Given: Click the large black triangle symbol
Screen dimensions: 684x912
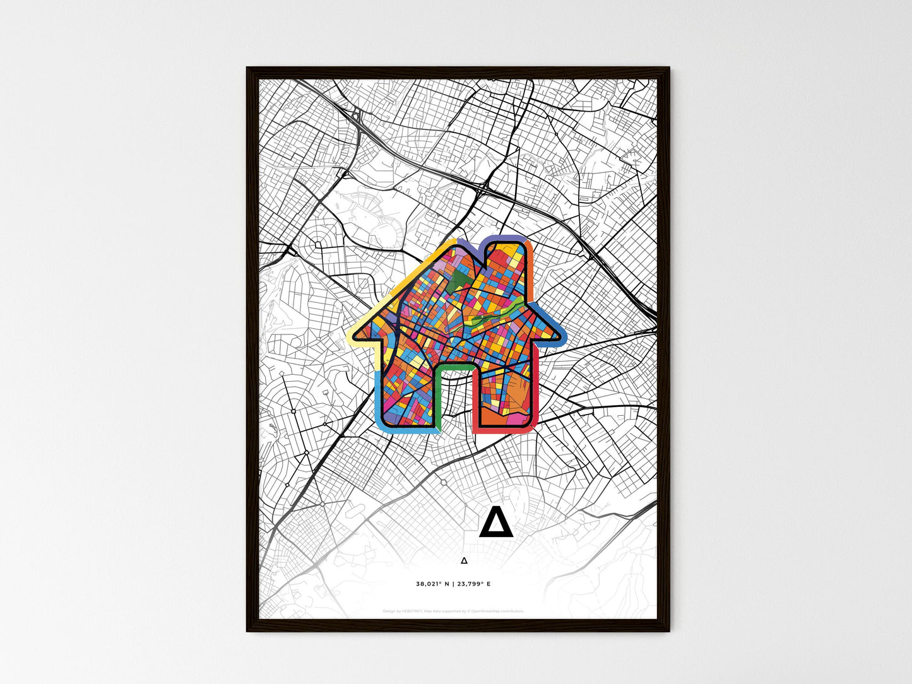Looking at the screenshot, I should click(x=493, y=523).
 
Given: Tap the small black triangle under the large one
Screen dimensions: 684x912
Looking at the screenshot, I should click(x=464, y=560).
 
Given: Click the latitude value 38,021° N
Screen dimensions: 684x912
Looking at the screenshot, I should click(x=432, y=584).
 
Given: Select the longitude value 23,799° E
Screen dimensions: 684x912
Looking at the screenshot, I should click(x=473, y=584).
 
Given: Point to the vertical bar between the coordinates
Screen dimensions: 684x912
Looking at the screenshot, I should click(x=453, y=584).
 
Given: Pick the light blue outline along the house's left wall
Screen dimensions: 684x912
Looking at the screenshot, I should click(x=377, y=398).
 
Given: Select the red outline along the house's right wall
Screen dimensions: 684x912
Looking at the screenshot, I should click(x=536, y=391).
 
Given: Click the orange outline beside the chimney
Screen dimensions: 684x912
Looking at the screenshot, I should click(x=531, y=265).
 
